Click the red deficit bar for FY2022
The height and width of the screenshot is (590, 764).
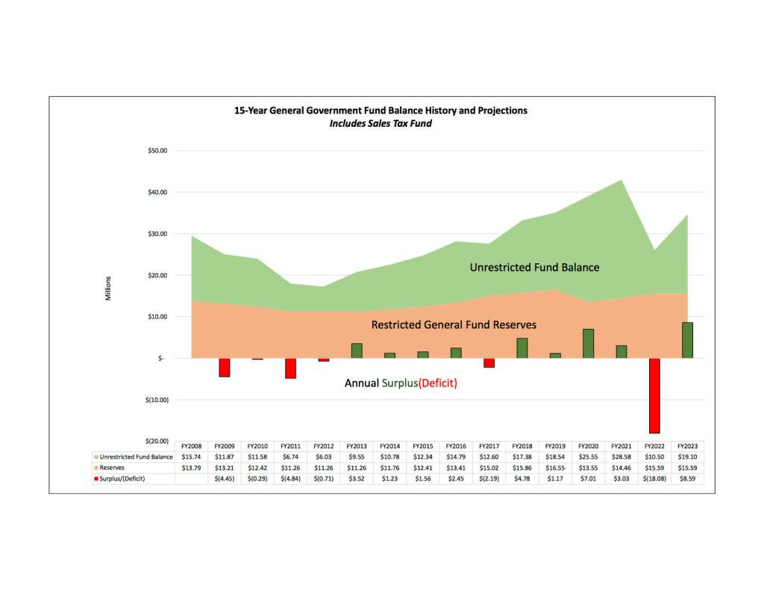point(654,395)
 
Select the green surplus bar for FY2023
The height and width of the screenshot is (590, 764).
point(688,340)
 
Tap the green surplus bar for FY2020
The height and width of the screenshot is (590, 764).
point(588,343)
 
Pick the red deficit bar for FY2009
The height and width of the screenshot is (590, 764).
point(224,367)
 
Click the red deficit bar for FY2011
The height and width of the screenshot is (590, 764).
point(290,368)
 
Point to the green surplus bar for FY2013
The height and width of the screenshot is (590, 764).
point(357,351)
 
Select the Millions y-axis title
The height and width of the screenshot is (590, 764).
point(107,289)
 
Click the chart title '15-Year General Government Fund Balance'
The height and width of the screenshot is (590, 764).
point(381,110)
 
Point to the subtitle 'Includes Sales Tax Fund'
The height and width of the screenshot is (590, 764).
point(381,123)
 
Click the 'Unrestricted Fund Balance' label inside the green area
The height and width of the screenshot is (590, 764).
point(534,267)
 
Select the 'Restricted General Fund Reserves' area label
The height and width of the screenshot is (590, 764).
point(454,325)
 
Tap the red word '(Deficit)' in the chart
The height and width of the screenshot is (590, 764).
point(437,383)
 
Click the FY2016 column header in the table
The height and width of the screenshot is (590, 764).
point(454,446)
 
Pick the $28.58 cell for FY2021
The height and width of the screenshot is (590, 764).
point(621,456)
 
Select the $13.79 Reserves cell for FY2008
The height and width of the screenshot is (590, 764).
point(192,467)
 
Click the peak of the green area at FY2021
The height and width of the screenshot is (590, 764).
point(621,180)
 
